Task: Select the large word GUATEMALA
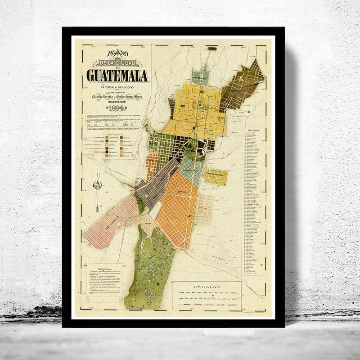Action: coord(118,75)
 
